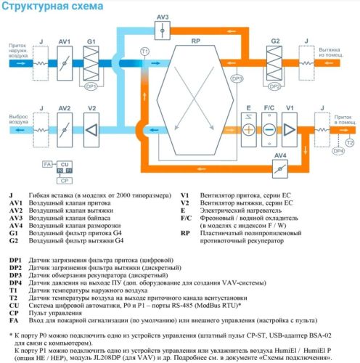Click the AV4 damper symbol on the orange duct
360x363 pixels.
pyautogui.click(x=278, y=168)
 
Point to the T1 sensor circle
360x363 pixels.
pyautogui.click(x=144, y=52)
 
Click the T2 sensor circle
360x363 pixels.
pyautogui.click(x=349, y=143)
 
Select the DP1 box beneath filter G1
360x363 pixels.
pyautogui.click(x=91, y=86)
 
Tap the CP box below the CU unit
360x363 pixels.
pyautogui.click(x=65, y=179)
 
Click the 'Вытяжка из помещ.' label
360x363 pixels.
pyautogui.click(x=340, y=55)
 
